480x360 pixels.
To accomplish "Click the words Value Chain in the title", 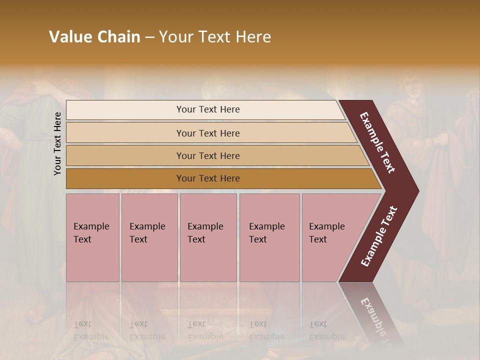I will click(94, 37).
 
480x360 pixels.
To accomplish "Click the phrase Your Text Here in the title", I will click(215, 37).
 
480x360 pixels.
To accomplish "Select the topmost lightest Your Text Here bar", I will click(207, 109).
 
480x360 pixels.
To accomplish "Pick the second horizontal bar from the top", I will click(207, 133).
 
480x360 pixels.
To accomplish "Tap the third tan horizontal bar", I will click(207, 155).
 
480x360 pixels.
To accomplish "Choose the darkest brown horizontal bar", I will click(207, 178).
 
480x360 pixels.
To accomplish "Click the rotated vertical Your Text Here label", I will click(57, 143).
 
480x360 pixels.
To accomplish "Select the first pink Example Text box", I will click(92, 237).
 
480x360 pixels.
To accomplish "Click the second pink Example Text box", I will click(149, 237).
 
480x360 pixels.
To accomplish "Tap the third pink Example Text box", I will click(207, 237).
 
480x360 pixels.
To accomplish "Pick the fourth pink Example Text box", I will click(269, 237).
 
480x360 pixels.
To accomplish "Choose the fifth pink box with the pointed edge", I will click(330, 237).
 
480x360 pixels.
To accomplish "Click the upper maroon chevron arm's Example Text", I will click(378, 142).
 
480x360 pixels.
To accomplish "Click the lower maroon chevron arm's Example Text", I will click(379, 236).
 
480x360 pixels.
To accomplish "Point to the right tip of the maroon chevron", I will click(417, 191).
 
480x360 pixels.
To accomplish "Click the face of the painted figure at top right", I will click(411, 90).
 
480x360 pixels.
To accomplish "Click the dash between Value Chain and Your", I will click(149, 37).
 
